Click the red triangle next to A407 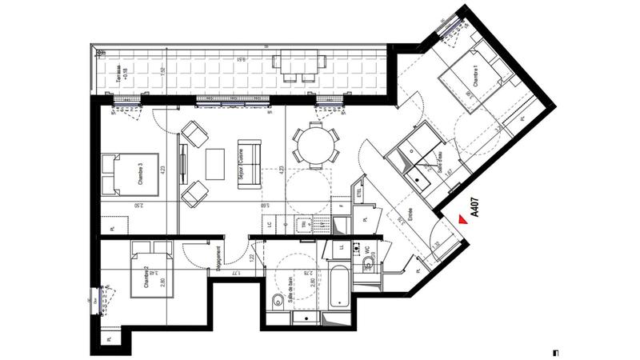(x=459, y=218)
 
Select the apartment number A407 (x=474, y=208)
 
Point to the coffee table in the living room (x=216, y=164)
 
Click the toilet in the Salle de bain (x=276, y=301)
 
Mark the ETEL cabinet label (x=358, y=193)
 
